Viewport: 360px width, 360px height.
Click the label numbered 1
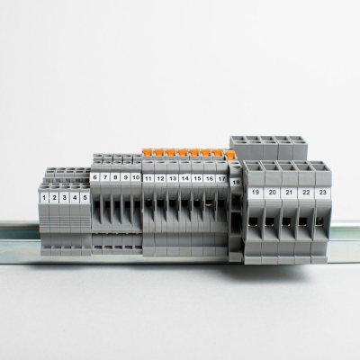[44, 198]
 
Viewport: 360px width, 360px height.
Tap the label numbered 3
[65, 198]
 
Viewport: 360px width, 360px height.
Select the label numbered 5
[85, 198]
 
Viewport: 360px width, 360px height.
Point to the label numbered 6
[95, 177]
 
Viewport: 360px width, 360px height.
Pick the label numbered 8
[116, 177]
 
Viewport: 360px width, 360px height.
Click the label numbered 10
[136, 177]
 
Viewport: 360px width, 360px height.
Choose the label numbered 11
[148, 178]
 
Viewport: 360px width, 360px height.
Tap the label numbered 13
[173, 178]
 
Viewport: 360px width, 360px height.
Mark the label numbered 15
[197, 178]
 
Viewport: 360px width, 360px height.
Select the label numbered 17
[221, 178]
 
